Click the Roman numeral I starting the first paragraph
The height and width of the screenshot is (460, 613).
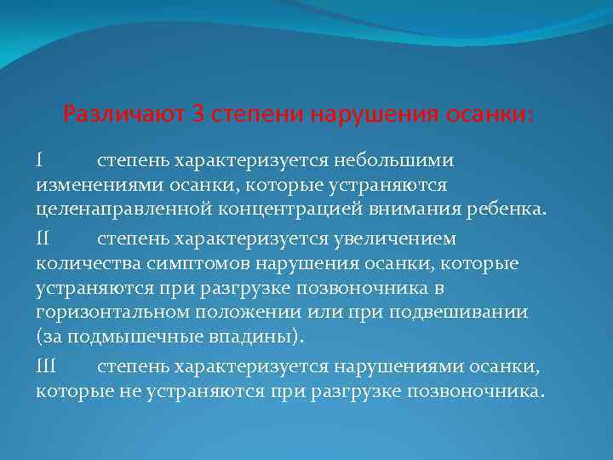pos(40,160)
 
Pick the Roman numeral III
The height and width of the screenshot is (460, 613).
pos(47,366)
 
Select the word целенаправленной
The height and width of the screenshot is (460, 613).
pos(110,210)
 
